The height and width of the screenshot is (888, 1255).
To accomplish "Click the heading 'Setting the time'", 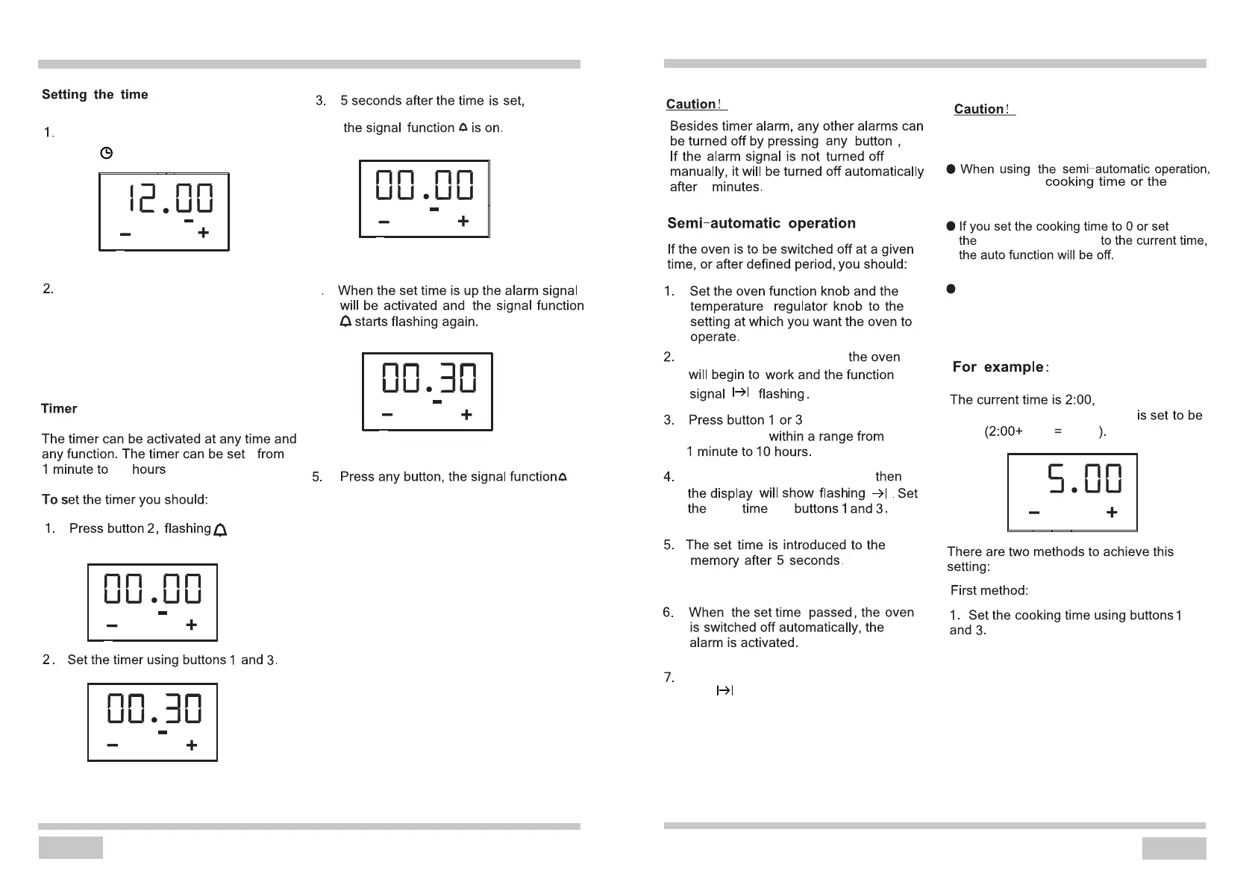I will click(x=95, y=95).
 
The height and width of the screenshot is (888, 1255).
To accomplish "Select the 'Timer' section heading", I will click(x=59, y=409).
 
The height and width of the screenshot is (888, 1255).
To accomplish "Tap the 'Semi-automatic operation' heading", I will click(x=761, y=223).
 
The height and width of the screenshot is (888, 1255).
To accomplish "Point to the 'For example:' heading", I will click(x=1001, y=367).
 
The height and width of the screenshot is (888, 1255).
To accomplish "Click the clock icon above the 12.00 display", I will click(x=107, y=153).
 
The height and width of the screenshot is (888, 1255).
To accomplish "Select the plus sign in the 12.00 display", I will click(x=203, y=233).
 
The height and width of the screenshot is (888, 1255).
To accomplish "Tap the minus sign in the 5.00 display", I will click(x=1033, y=513).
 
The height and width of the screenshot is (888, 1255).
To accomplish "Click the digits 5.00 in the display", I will click(x=1084, y=479).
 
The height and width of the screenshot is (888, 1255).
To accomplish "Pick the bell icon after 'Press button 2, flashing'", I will click(x=220, y=530).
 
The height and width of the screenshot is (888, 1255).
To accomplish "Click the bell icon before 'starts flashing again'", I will click(x=345, y=322).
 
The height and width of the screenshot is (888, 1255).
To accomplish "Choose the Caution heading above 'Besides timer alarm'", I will click(x=695, y=104).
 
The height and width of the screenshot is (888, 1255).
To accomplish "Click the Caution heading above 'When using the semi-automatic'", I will click(x=983, y=109).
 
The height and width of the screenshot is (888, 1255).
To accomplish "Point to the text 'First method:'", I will click(x=989, y=591).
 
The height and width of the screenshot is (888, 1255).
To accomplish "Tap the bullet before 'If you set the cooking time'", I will click(x=951, y=226).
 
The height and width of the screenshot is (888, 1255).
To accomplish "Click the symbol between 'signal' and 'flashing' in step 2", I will click(x=740, y=393).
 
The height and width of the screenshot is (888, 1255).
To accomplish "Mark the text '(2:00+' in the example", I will click(x=1004, y=431).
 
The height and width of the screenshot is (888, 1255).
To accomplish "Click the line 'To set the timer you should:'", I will click(x=125, y=500).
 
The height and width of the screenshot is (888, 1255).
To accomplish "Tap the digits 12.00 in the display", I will click(x=171, y=199).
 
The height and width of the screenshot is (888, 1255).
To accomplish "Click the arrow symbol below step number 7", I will click(x=724, y=691).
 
